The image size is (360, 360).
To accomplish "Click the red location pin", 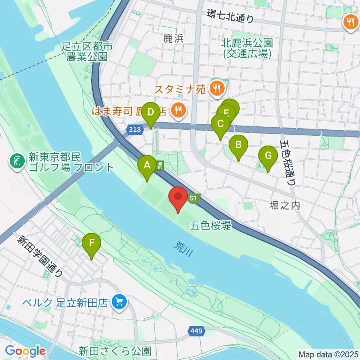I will coord(179,198).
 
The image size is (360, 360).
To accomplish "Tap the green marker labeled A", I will coord(147,165).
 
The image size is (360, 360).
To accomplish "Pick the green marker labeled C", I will coord(220,124).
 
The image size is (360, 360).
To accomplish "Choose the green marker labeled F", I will coord(91,243).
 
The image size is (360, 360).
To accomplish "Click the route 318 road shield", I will coord(135,130).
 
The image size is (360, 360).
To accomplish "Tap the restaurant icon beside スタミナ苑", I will coord(217,89).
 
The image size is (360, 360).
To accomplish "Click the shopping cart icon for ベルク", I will coord(120,301).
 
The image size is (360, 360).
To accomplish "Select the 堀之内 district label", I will coord(285,205).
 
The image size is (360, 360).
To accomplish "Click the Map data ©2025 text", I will coord(328,354).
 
